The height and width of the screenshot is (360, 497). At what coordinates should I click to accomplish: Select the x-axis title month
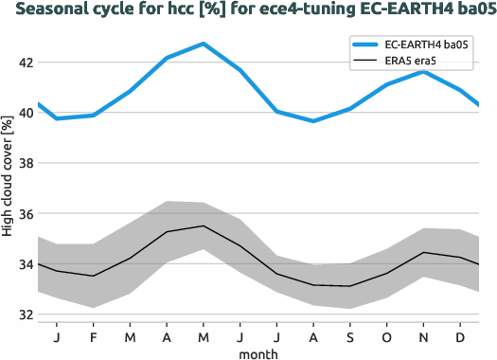click(x=257, y=352)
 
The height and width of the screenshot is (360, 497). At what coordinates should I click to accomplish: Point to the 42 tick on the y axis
click(x=23, y=63)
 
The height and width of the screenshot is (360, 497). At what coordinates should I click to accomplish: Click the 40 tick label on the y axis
click(x=23, y=113)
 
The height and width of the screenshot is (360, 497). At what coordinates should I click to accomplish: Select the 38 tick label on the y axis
click(x=23, y=163)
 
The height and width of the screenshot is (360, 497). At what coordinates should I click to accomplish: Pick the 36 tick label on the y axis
click(x=23, y=214)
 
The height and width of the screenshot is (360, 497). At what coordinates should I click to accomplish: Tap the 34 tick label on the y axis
click(x=23, y=264)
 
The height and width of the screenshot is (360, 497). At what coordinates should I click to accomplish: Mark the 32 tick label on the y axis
click(x=23, y=315)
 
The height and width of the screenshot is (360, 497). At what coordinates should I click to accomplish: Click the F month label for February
click(x=94, y=336)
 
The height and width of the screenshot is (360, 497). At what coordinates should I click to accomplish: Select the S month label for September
click(x=349, y=336)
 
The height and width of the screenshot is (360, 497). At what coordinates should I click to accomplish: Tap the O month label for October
click(x=386, y=336)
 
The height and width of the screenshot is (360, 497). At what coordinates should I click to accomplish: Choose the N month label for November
click(x=423, y=336)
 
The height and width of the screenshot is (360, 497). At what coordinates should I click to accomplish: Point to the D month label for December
click(x=459, y=336)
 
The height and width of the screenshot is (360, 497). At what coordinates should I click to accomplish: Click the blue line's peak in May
click(x=203, y=44)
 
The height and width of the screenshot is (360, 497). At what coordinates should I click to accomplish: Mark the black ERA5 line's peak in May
click(x=203, y=225)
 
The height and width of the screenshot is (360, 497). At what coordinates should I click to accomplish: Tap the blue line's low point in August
click(x=313, y=121)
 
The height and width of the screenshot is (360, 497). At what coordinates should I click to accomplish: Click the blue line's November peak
click(x=423, y=72)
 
